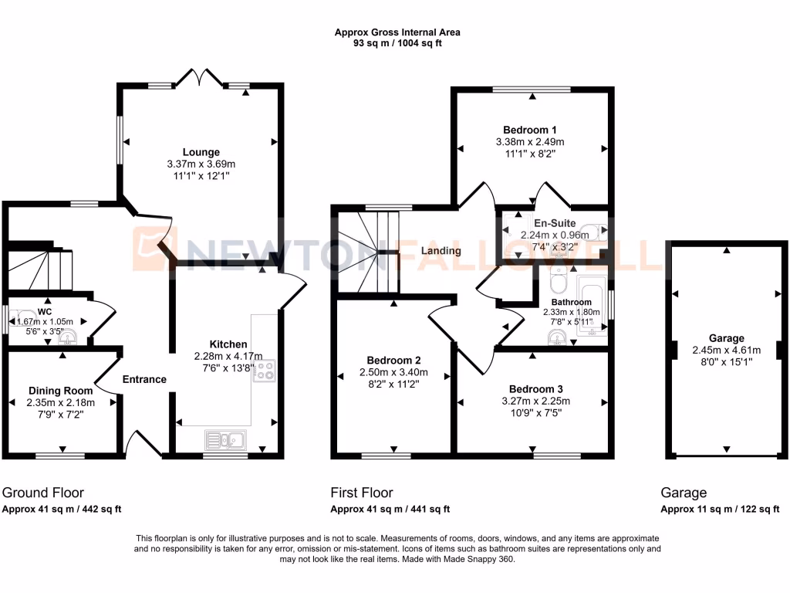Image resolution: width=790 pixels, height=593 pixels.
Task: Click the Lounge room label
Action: pos(201,152)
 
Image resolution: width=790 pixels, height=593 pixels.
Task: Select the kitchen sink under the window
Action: pos(225,440)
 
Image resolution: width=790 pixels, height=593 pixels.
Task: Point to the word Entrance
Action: pos(144,379)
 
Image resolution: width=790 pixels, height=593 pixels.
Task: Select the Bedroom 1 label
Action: pos(530,130)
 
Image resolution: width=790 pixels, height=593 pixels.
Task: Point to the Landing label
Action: pos(441,251)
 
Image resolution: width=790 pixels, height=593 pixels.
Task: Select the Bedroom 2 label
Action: pos(393,361)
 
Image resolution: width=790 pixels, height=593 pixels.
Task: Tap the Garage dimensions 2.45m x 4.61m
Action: pos(727,349)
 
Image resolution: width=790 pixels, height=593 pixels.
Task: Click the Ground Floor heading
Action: pos(43,493)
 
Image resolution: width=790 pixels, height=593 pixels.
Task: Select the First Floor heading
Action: pos(362,493)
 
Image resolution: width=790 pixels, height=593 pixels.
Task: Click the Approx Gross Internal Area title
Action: pos(397,32)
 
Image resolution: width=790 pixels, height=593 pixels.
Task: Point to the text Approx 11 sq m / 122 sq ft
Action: pos(720,509)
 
